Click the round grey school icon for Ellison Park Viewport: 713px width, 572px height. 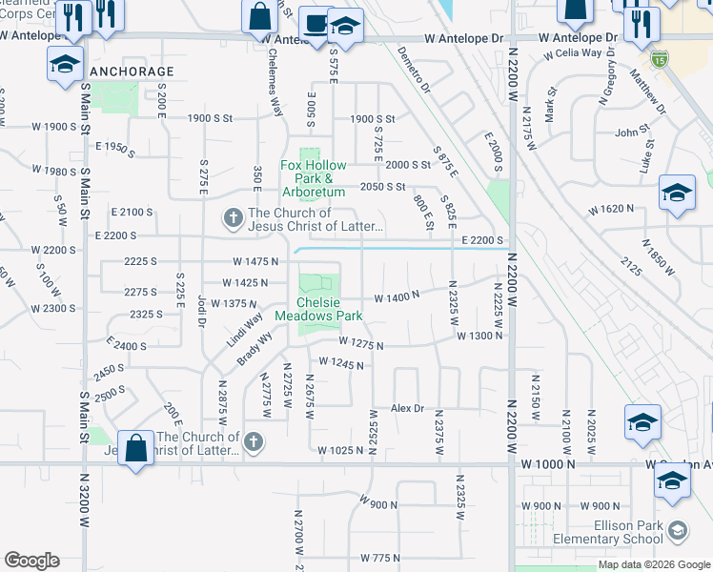(x=678, y=530)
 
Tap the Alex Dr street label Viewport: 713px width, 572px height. (x=407, y=408)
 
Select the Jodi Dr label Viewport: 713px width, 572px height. (x=201, y=309)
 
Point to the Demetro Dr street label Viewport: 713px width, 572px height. (x=415, y=73)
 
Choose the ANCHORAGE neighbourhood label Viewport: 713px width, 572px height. (x=132, y=71)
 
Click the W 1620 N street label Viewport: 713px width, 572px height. (x=611, y=209)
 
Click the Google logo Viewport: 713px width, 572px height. (x=31, y=561)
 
